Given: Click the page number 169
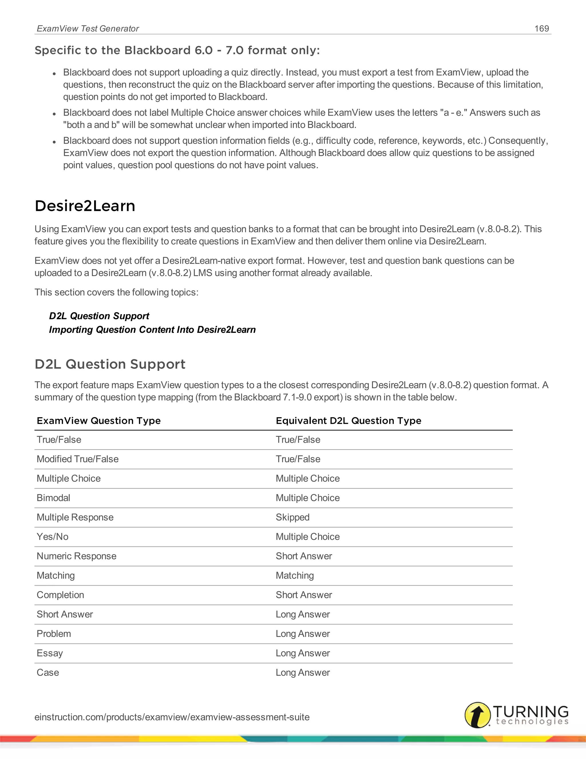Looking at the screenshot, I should click(x=542, y=28).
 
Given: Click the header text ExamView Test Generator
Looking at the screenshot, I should click(x=88, y=28).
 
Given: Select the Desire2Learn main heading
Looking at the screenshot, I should click(x=85, y=206).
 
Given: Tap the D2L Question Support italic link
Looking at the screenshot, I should click(x=99, y=316).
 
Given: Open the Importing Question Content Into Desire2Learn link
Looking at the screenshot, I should click(x=152, y=329).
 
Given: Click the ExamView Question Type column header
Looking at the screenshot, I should click(x=99, y=420).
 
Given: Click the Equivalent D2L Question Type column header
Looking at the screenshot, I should click(x=348, y=420).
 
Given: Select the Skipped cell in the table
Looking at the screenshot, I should click(x=292, y=517).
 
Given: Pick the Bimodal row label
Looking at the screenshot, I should click(x=54, y=498).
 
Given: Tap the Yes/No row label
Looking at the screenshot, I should click(x=52, y=536).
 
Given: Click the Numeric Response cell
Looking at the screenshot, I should click(x=76, y=556).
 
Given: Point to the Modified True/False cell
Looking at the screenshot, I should click(x=78, y=459).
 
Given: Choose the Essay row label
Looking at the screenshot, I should click(x=50, y=653).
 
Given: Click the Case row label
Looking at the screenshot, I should click(x=48, y=673).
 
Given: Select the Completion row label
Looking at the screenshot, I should click(x=60, y=595).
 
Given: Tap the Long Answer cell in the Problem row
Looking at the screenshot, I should click(x=302, y=634).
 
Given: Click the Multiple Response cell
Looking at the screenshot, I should click(x=75, y=517).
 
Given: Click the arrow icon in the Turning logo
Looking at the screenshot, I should click(x=478, y=715).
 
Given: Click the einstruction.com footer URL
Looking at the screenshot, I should click(x=172, y=717).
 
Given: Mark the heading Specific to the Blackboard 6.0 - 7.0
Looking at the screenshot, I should click(x=177, y=50).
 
